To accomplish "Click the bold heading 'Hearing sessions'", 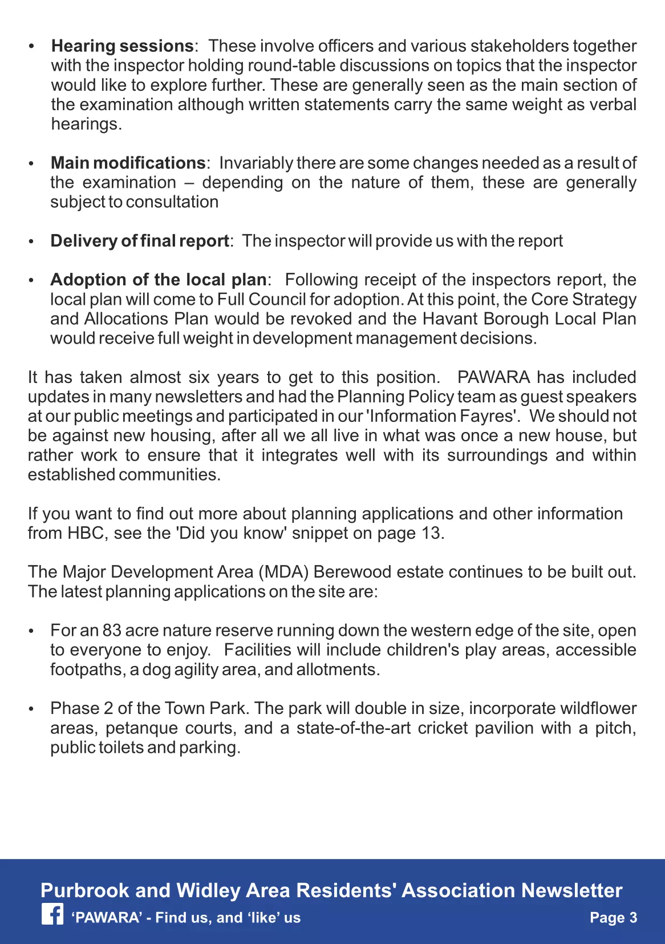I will pyautogui.click(x=122, y=46).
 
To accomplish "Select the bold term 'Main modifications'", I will pyautogui.click(x=128, y=163).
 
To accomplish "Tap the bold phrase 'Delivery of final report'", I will pyautogui.click(x=139, y=241).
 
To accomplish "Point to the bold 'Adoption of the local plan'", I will pyautogui.click(x=158, y=280).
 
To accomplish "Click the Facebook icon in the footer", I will pyautogui.click(x=52, y=915).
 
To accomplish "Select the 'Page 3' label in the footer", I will pyautogui.click(x=613, y=918).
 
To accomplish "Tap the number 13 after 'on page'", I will pyautogui.click(x=431, y=533).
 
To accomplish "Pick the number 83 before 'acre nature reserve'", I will pyautogui.click(x=112, y=631).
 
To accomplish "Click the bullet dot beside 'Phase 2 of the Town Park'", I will pyautogui.click(x=32, y=709).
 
